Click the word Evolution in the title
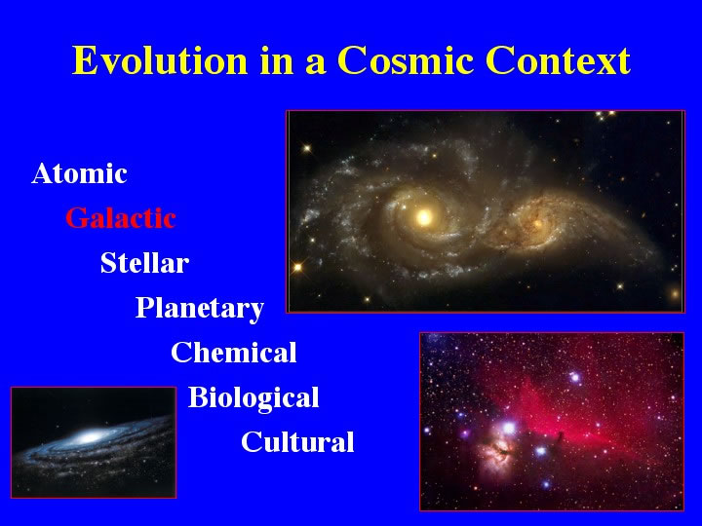coord(160,60)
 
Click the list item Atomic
coord(79,173)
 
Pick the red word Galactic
coord(121,218)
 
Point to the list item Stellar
coord(144,263)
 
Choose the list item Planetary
coord(200,309)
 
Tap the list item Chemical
coord(234,352)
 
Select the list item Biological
coord(253,398)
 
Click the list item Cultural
coord(297,441)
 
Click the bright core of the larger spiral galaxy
coord(423,217)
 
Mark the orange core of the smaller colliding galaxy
coord(537,222)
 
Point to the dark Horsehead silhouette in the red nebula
coord(560,436)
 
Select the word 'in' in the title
coord(276,60)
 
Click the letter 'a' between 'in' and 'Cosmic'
coord(315,65)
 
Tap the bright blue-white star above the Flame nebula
coord(509,428)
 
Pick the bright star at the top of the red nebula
coord(575,378)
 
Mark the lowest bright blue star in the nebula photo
coord(546,484)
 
